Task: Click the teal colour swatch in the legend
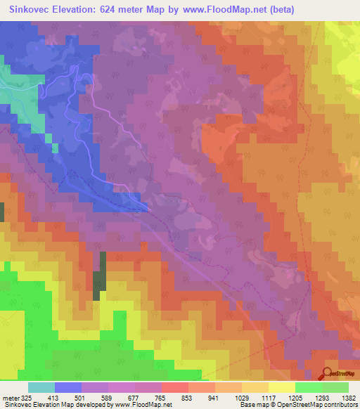(41, 387)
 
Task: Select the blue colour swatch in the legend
(68, 387)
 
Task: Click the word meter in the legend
(11, 398)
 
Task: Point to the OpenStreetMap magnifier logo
(328, 374)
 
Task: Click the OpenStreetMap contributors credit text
(323, 405)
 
